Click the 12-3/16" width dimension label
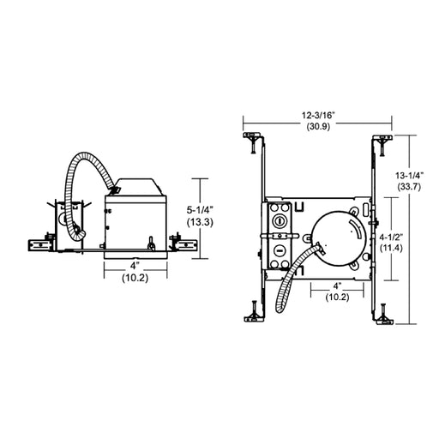[x=318, y=116]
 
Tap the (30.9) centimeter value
[x=318, y=126]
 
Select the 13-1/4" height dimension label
[x=409, y=175]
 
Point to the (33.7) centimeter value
[x=409, y=187]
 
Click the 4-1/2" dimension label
[x=391, y=237]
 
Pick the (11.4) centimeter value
[x=391, y=248]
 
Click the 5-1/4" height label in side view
[x=200, y=210]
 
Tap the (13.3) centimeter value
[x=200, y=222]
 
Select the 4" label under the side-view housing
[x=135, y=266]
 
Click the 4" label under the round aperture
[x=338, y=286]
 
